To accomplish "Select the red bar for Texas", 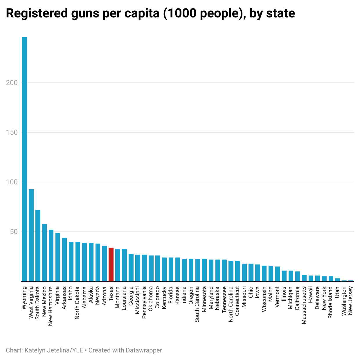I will point(111,264).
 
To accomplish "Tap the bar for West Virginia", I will point(31,235).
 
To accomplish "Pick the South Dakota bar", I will point(38,246).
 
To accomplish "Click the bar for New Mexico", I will point(44,253).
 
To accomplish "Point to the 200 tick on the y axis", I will point(12,83).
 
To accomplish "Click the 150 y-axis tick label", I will point(12,132).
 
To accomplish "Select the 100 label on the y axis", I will point(12,182).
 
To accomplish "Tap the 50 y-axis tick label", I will point(13,232).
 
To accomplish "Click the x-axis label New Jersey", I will point(351,301).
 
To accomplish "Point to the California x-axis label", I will point(297,299).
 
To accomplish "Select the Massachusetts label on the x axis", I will point(304,305).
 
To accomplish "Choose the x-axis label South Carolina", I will point(197,304).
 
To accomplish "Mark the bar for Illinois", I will point(284,276).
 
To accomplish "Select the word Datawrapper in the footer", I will point(144,350).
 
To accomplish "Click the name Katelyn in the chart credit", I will point(35,350).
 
